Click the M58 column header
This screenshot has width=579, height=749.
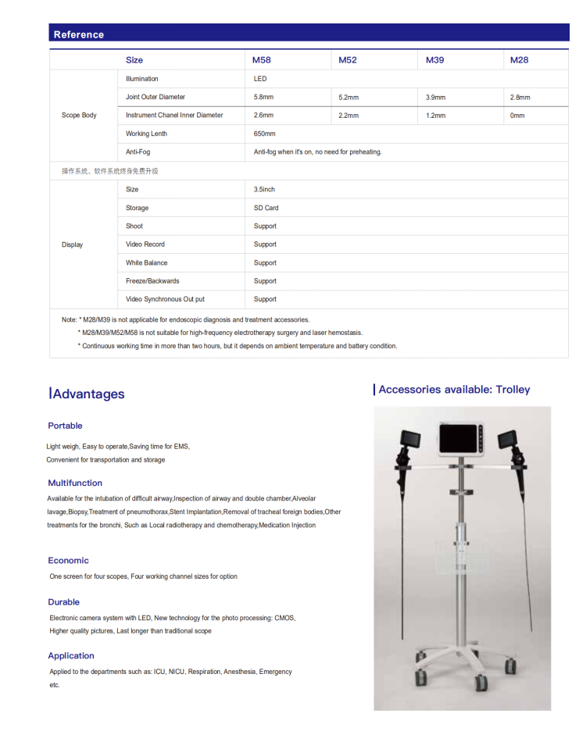click(261, 60)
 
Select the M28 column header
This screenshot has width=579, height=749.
click(519, 60)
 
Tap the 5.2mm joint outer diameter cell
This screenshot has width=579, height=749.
click(348, 98)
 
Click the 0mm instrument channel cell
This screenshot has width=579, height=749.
click(517, 116)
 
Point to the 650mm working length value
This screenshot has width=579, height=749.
click(265, 134)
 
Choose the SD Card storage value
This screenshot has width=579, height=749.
click(266, 208)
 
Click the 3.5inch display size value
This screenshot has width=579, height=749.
click(264, 190)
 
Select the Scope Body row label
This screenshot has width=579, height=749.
click(79, 116)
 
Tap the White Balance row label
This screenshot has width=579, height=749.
click(146, 263)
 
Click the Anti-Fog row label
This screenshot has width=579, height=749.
click(138, 152)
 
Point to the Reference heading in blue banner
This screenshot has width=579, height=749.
click(78, 34)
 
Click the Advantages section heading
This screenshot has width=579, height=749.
click(88, 394)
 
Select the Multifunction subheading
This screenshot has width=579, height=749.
click(75, 483)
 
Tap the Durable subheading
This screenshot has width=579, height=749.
click(63, 602)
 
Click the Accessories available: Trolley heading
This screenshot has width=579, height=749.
click(453, 390)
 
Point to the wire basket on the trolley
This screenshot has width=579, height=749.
click(461, 558)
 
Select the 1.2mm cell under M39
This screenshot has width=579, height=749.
click(435, 116)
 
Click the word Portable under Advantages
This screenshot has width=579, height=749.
click(65, 426)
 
